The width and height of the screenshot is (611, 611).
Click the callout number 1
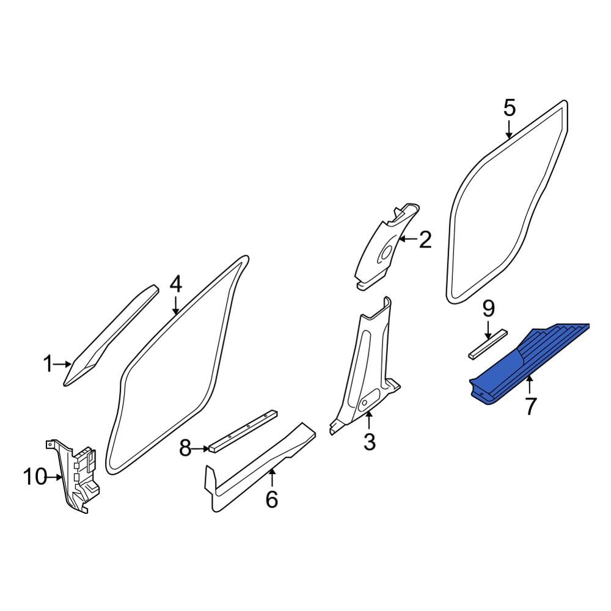pyautogui.click(x=48, y=364)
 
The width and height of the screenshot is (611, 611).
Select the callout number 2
pyautogui.click(x=425, y=240)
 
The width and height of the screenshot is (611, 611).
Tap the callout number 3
pyautogui.click(x=370, y=442)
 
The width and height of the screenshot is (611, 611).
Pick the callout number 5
pyautogui.click(x=510, y=108)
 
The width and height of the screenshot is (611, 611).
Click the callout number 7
pyautogui.click(x=531, y=406)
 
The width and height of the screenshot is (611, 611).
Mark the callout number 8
pyautogui.click(x=185, y=448)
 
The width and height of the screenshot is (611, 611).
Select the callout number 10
pyautogui.click(x=35, y=477)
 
